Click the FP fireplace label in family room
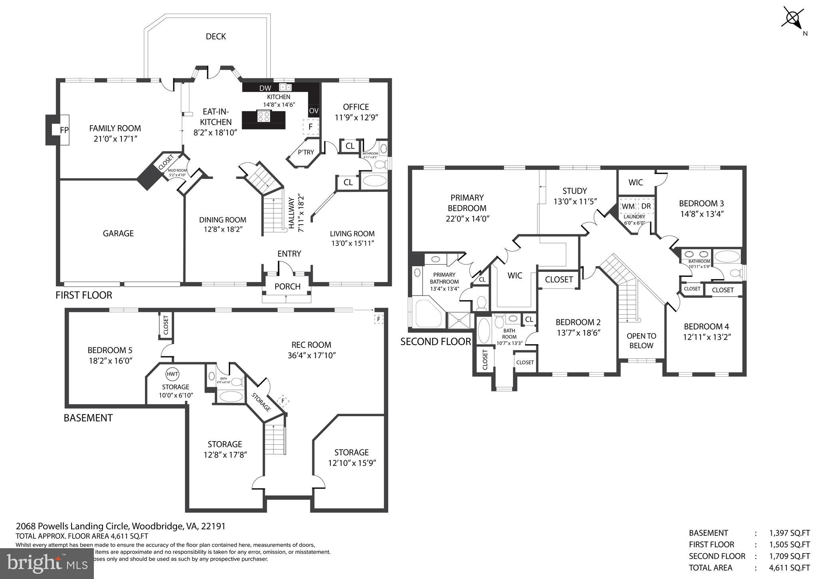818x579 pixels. pyautogui.click(x=64, y=130)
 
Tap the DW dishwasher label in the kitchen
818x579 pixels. pyautogui.click(x=265, y=88)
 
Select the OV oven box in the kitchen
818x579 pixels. pyautogui.click(x=314, y=111)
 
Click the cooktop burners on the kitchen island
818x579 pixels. pyautogui.click(x=264, y=116)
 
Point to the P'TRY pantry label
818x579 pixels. pyautogui.click(x=306, y=152)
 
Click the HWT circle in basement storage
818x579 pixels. pyautogui.click(x=173, y=374)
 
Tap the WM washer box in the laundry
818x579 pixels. pyautogui.click(x=628, y=206)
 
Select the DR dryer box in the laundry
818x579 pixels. pyautogui.click(x=646, y=206)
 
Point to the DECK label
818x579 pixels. pyautogui.click(x=216, y=37)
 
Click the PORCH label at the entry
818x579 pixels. pyautogui.click(x=287, y=286)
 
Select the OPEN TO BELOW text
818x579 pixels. pyautogui.click(x=641, y=341)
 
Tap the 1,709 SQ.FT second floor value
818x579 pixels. pyautogui.click(x=789, y=556)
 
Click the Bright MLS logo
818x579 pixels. pyautogui.click(x=47, y=563)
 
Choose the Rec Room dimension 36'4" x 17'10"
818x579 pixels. pyautogui.click(x=311, y=355)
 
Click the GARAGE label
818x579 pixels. pyautogui.click(x=118, y=234)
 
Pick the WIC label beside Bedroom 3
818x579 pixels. pyautogui.click(x=635, y=182)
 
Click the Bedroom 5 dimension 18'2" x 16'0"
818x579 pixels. pyautogui.click(x=110, y=361)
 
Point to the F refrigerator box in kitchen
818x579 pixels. pyautogui.click(x=310, y=127)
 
